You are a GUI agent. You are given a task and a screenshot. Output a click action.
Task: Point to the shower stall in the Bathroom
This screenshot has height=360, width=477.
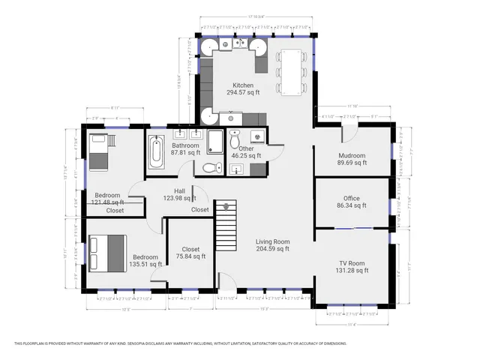click(x=214, y=142)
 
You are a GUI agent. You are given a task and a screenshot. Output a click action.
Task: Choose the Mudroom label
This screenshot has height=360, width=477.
click(x=351, y=157)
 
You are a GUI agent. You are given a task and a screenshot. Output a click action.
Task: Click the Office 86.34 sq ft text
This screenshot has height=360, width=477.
click(x=351, y=202)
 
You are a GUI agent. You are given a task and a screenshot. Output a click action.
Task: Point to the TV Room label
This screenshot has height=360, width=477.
click(x=351, y=267)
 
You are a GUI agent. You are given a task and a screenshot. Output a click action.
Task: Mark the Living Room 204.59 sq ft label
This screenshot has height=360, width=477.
click(x=272, y=245)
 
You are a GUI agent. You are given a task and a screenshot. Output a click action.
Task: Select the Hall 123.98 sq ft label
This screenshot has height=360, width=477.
click(x=179, y=194)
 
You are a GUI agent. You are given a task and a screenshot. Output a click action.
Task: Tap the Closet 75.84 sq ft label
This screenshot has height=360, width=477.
click(x=190, y=253)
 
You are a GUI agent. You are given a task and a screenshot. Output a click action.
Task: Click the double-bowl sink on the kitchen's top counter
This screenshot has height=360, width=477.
click(x=241, y=44)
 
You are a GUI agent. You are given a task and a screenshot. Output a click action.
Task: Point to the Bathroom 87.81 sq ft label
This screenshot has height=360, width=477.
click(x=185, y=148)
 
